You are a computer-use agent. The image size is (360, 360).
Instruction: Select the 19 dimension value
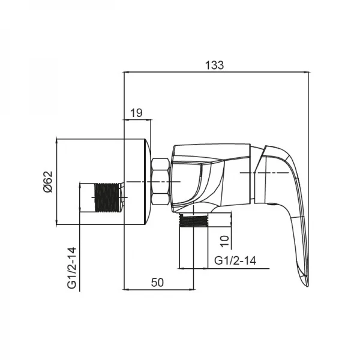pos(136,112)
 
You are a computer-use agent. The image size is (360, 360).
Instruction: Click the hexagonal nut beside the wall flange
pos(161,182)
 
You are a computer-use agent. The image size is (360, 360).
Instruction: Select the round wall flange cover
pos(135,182)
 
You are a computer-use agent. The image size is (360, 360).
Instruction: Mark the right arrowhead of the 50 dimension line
pos(191,289)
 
